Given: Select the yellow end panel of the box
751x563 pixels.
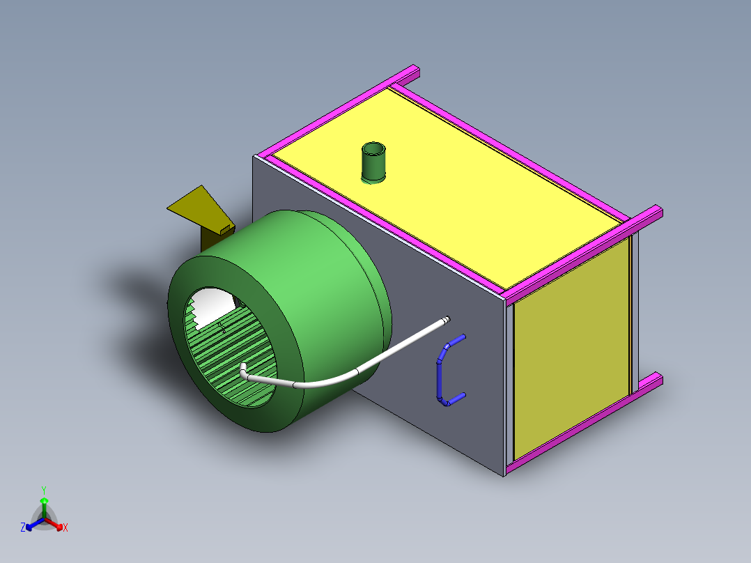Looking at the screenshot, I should (x=571, y=348).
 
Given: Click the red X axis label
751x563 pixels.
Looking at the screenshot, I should (x=65, y=528).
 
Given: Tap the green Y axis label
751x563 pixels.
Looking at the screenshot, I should (x=44, y=490).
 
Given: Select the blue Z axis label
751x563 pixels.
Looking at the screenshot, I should (x=23, y=528).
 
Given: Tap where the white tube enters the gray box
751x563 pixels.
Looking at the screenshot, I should (x=446, y=319).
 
